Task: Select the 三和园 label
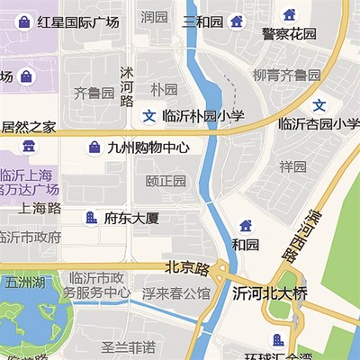tap(202, 21)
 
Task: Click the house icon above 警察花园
tap(290, 14)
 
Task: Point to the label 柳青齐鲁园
tap(285, 74)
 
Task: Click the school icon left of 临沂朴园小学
tap(149, 115)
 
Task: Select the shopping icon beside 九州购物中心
tap(94, 147)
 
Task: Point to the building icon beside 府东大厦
tap(90, 217)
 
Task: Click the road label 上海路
tap(40, 208)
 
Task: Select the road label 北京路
tap(186, 268)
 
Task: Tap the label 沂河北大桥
tap(270, 293)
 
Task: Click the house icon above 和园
tap(246, 225)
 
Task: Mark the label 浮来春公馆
tap(175, 292)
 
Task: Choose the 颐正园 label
tap(166, 181)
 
